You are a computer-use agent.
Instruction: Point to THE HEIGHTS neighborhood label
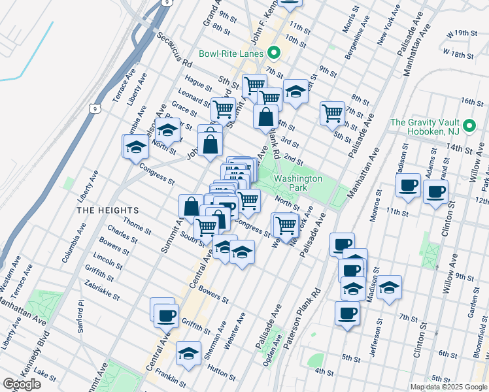point(108,210)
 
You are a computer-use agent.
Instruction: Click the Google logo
point(22,384)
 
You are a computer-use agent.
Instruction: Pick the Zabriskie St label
point(102,289)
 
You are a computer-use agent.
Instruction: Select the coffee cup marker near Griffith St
point(165,316)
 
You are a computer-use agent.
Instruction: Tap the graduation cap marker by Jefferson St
point(389,287)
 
